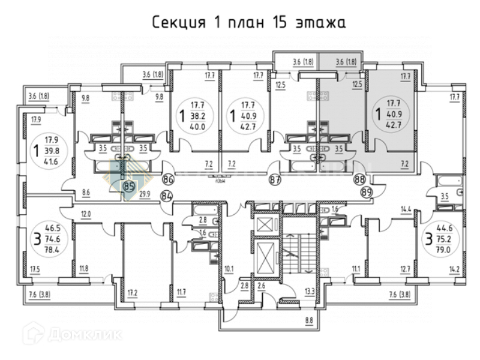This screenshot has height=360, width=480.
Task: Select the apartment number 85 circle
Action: [x=128, y=187]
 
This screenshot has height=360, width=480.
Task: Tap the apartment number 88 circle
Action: [x=360, y=179]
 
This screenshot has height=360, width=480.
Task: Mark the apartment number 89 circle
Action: [x=367, y=192]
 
